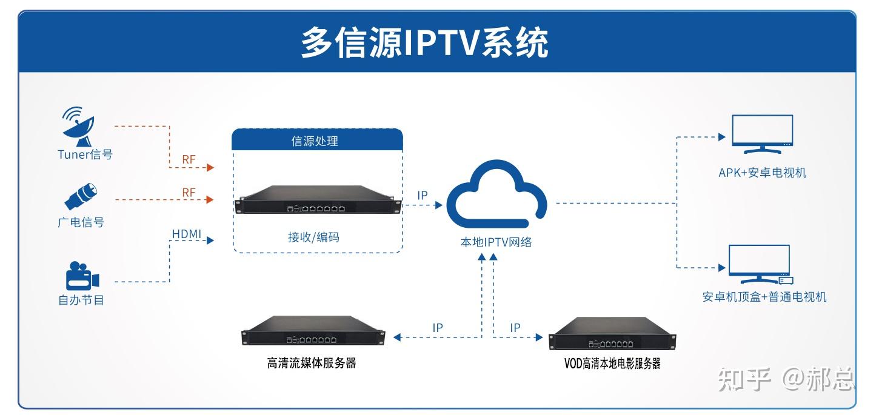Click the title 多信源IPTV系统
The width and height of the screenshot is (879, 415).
tap(424, 42)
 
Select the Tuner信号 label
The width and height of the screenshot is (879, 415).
tap(85, 154)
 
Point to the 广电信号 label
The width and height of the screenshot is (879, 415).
tap(81, 222)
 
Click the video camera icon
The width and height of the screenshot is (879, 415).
tap(82, 276)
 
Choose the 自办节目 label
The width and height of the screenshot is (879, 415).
tap(81, 300)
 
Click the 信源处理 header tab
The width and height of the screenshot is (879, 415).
tap(317, 141)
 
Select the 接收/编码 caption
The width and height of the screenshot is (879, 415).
tap(313, 237)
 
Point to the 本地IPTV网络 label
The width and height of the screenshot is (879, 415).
tap(496, 242)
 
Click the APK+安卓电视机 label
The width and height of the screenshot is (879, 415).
tap(762, 173)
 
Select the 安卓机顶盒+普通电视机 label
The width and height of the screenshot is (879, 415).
tap(764, 297)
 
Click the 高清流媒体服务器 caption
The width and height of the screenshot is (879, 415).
tap(311, 364)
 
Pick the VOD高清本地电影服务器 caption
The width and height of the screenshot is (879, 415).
tap(612, 364)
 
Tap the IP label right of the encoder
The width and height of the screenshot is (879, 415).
tap(423, 196)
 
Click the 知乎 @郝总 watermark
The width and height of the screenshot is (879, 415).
tap(786, 380)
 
